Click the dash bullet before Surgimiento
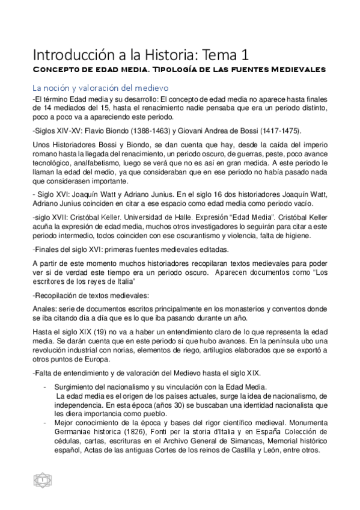point(46,387)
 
